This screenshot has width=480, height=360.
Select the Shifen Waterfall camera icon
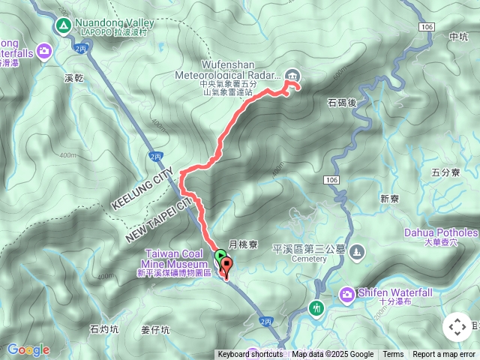pos(347,294)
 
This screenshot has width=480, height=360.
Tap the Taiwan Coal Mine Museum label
pos(177,259)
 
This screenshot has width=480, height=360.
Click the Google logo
pos(28,349)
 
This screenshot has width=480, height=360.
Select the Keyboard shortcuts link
pos(250,355)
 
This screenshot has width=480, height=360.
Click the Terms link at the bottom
pos(393,355)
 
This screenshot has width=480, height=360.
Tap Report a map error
pos(445,355)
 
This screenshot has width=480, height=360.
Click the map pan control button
pos(457,327)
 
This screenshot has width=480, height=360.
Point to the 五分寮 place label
pos(445,172)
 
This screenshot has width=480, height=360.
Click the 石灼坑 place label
pos(103,328)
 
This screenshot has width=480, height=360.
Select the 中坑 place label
pos(457,36)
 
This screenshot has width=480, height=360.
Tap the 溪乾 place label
pos(73,76)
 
